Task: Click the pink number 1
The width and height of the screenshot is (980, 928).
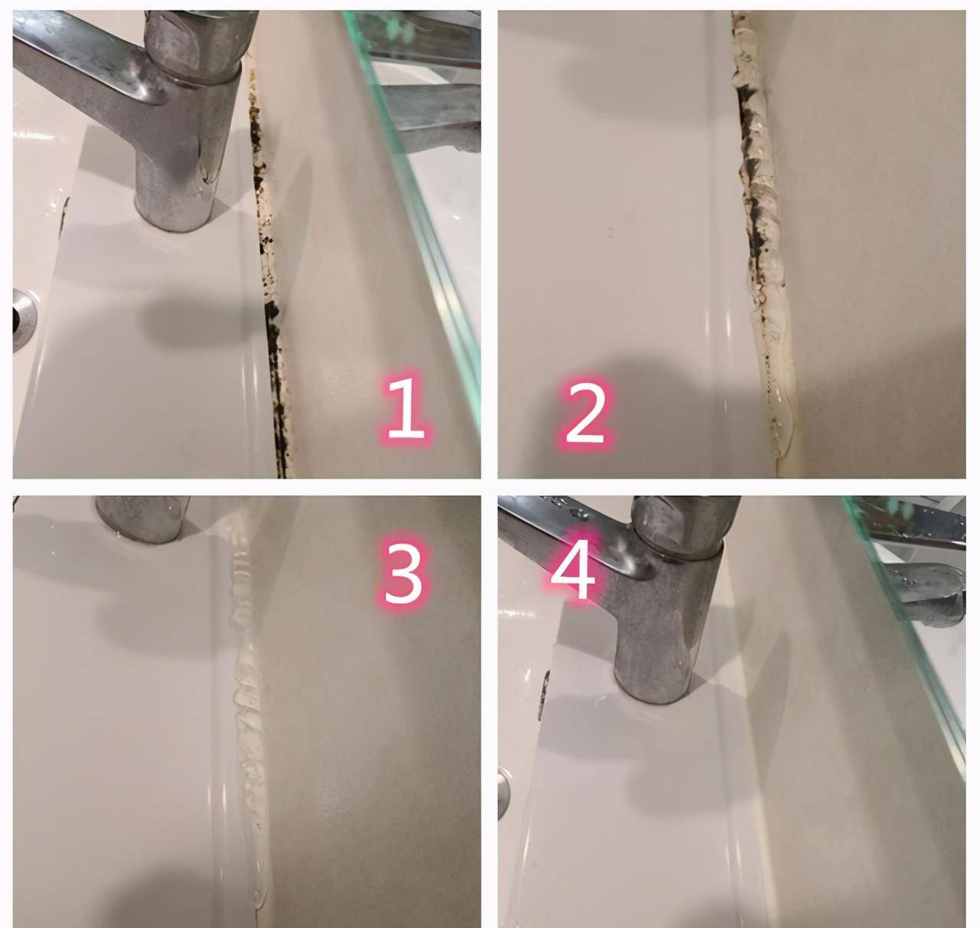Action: (x=406, y=408)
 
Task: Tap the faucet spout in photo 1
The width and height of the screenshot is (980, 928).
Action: (x=80, y=65)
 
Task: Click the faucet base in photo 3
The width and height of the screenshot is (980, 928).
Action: (x=142, y=518)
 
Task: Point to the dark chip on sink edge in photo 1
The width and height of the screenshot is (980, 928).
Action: (x=65, y=212)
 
